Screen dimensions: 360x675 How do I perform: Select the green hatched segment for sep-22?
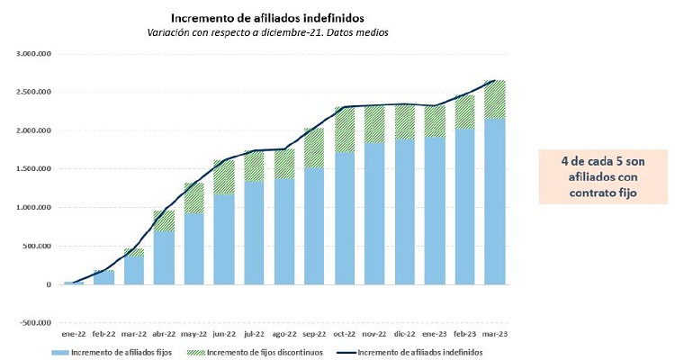[315, 148]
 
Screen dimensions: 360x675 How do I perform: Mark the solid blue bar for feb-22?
[104, 277]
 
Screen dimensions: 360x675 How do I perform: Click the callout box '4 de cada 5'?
[602, 175]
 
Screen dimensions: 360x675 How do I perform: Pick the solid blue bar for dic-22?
[405, 212]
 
